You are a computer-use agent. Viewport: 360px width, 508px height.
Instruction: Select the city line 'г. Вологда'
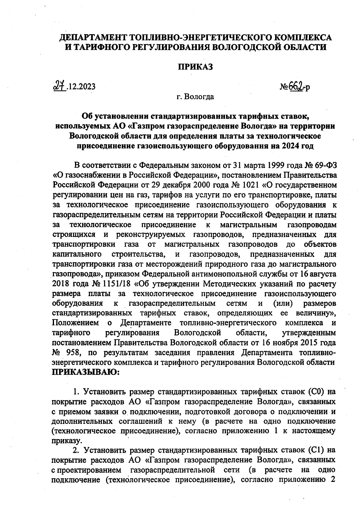[x=195, y=97]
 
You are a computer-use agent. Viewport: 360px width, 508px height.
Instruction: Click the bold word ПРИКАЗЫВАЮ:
[x=86, y=373]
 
